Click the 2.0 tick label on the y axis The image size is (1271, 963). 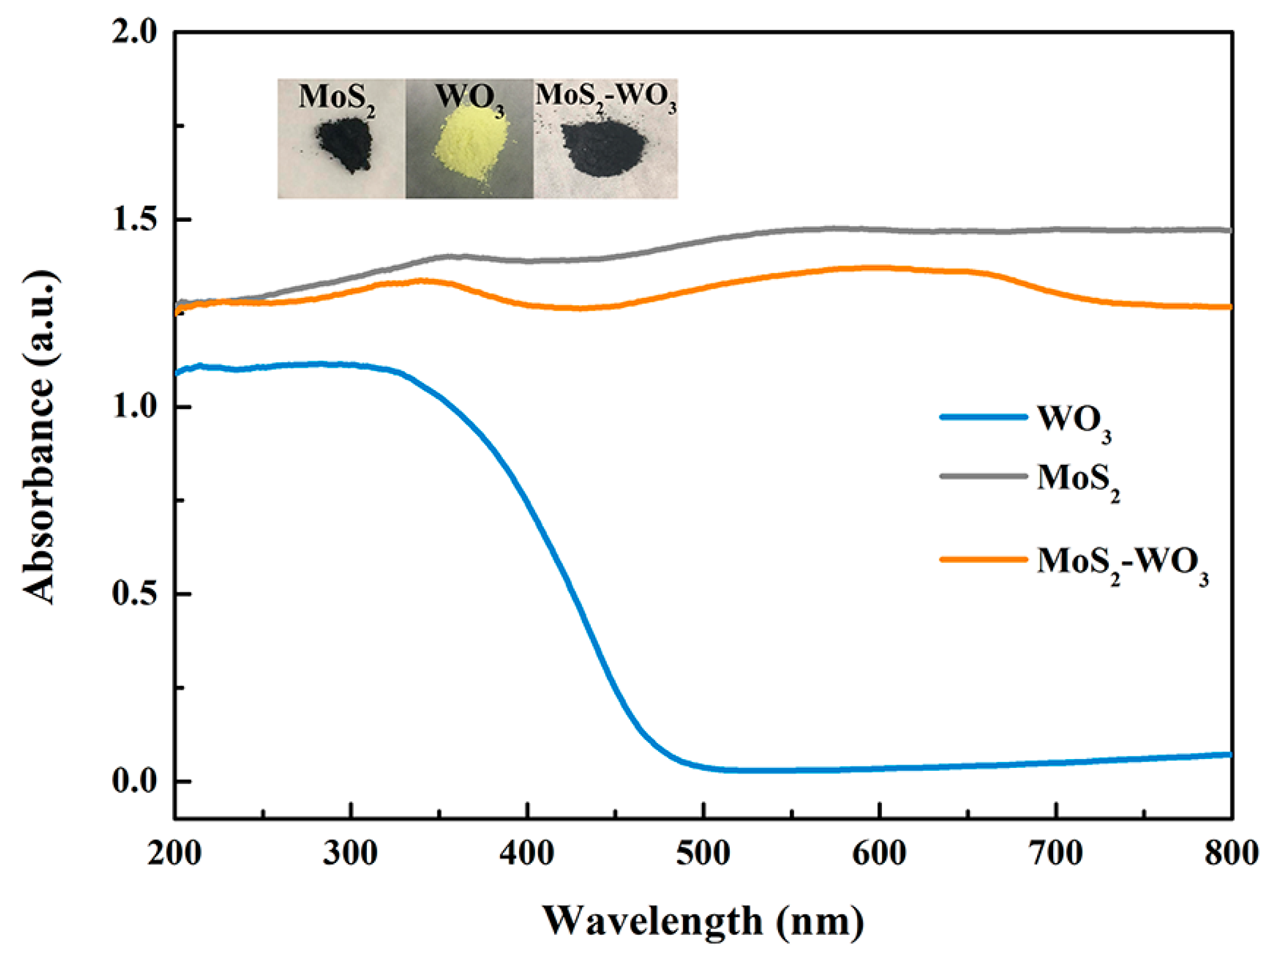coord(134,33)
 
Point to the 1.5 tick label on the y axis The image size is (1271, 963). coord(134,220)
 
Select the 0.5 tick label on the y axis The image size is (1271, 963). coord(134,594)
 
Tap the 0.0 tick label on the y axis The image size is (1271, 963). coord(134,782)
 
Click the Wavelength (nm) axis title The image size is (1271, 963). coord(704,922)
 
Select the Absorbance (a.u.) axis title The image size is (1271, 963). coord(40,437)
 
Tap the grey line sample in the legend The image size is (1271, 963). coord(983,476)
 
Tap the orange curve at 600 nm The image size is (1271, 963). coord(880,268)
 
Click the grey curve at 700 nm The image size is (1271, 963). coord(1056,230)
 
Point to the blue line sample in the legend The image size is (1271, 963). coord(983,417)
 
